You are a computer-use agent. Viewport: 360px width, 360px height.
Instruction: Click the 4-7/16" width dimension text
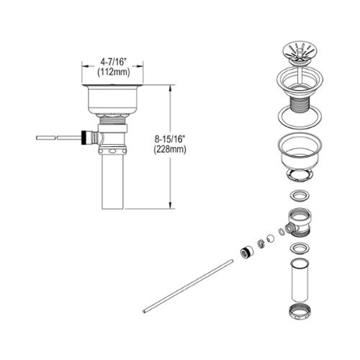pyautogui.click(x=113, y=62)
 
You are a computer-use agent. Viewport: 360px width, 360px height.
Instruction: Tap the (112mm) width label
pyautogui.click(x=114, y=72)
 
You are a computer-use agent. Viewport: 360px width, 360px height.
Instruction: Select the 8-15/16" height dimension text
pyautogui.click(x=170, y=139)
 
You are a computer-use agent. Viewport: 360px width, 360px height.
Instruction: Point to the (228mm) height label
pyautogui.click(x=170, y=150)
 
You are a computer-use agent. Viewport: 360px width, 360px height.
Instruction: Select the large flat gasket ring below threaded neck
pyautogui.click(x=300, y=118)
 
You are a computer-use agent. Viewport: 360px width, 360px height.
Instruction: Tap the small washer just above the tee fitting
pyautogui.click(x=300, y=195)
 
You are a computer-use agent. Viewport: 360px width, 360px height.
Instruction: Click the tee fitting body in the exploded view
pyautogui.click(x=298, y=224)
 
